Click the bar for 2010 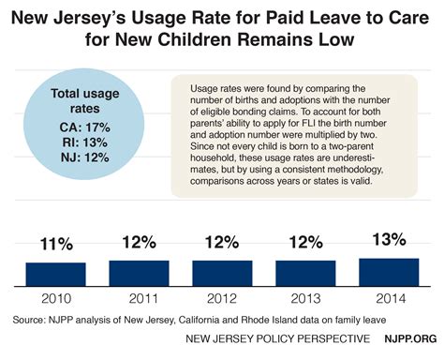[x=55, y=274]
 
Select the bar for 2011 [x=139, y=273]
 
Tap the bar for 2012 [x=222, y=273]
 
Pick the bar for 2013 [x=304, y=273]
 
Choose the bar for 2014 [x=388, y=272]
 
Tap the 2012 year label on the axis [x=222, y=299]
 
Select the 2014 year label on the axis [x=388, y=299]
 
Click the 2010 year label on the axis [x=55, y=299]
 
